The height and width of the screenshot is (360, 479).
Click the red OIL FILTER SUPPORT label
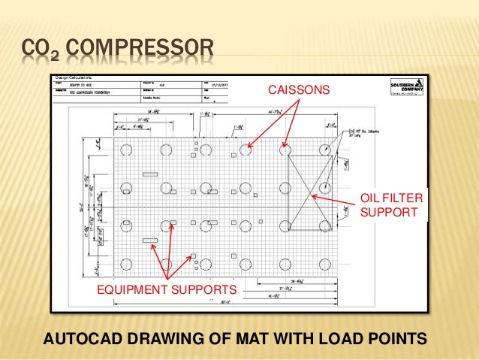392,205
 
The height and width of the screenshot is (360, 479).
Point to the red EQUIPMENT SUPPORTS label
166,289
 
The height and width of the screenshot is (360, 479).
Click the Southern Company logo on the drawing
406,88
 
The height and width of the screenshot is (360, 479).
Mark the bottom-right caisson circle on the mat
326,263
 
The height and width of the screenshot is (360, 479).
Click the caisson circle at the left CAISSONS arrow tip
246,150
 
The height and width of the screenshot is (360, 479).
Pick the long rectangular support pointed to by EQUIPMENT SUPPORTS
150,241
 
